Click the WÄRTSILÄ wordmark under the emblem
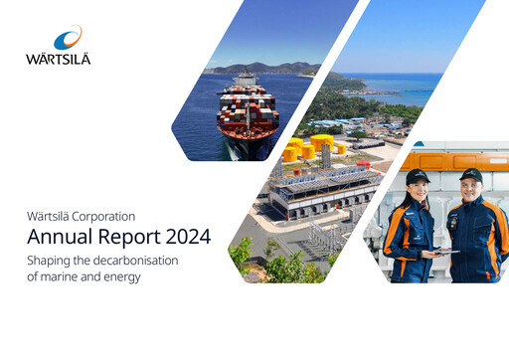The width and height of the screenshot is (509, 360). click(x=58, y=60)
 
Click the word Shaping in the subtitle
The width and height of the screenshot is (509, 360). click(x=52, y=260)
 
